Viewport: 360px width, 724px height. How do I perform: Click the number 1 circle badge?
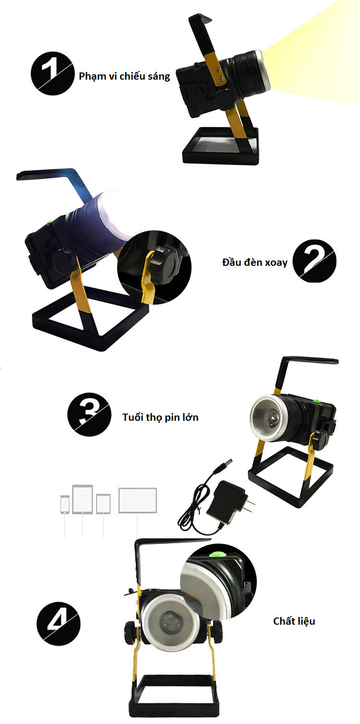(52, 73)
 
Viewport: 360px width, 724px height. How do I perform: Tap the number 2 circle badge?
(314, 261)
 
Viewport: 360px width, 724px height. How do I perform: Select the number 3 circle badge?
(89, 415)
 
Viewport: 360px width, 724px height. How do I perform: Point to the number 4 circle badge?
(58, 623)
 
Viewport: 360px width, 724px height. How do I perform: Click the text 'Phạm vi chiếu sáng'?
(124, 76)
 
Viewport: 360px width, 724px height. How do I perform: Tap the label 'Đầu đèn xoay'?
(255, 262)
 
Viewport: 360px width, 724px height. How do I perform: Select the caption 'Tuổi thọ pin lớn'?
(160, 417)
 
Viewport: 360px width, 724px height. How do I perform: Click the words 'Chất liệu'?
(294, 621)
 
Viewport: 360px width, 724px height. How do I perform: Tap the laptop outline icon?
(137, 500)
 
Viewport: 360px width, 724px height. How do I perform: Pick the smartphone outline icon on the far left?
(65, 505)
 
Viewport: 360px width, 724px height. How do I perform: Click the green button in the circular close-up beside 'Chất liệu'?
(217, 554)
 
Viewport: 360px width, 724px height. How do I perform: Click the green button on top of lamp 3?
(317, 402)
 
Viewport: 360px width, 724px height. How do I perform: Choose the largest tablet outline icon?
(83, 499)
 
